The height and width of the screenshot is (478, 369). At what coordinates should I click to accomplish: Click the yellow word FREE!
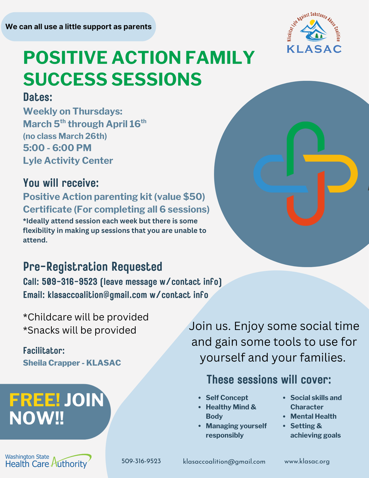point(35,400)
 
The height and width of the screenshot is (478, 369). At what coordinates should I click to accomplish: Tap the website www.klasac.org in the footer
point(306,461)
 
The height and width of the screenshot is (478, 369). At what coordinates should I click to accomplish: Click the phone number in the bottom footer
point(141,461)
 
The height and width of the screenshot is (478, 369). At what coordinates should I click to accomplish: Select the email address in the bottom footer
point(224,461)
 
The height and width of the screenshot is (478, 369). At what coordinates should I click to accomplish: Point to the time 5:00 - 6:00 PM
point(57,148)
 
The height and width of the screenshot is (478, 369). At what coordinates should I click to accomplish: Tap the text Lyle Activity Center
point(68,161)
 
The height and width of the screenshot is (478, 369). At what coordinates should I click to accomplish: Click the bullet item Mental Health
point(313,416)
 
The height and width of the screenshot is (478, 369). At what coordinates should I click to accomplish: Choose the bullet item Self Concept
point(227,398)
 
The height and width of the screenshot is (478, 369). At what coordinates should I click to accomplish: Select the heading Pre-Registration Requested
point(92,267)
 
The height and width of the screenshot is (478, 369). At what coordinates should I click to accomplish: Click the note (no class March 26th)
point(65,136)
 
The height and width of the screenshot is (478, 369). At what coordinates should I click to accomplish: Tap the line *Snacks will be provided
point(79,330)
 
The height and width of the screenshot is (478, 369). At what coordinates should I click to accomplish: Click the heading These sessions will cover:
point(269,379)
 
